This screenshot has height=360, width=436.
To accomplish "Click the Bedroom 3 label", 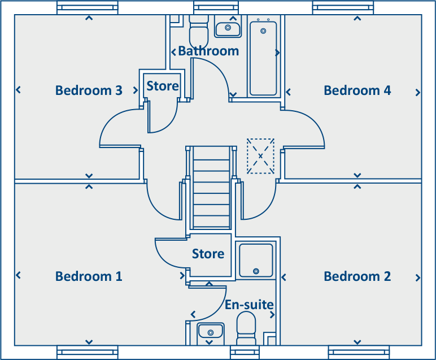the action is pos(89,90).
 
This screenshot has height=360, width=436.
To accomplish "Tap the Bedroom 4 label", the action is pos(357,90).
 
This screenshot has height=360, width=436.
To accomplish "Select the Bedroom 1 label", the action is pos(89,276).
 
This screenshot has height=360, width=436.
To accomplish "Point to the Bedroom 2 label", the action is pos(357,276).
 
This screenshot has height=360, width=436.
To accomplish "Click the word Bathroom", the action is pos(208,51).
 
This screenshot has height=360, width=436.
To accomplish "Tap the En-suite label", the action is pos(249,305).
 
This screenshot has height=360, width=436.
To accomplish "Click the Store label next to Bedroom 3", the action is pos(163,86).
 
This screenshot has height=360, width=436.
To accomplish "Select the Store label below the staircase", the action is pos(208,254).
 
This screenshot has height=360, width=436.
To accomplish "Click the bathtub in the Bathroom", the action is pos(263,57).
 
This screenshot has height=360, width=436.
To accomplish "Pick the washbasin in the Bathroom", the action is pos(228,27).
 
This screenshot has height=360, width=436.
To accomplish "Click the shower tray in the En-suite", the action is pos(256,261).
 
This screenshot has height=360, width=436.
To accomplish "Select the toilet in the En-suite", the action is pos(246,328).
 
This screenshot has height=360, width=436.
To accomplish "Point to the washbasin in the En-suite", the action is pos(211,332).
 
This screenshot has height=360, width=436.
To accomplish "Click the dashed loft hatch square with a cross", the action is pos(260,155).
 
